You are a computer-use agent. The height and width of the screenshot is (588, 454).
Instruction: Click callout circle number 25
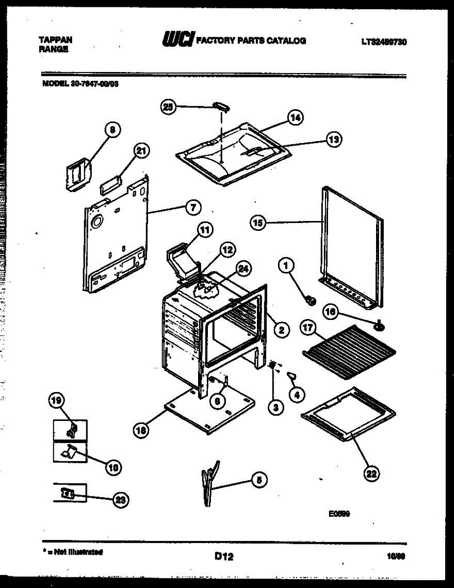(x=168, y=107)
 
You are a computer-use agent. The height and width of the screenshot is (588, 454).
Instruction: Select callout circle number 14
(x=295, y=118)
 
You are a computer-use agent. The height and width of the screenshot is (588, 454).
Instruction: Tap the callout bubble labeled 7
(x=193, y=207)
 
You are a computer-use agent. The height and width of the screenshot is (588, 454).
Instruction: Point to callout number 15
(x=257, y=223)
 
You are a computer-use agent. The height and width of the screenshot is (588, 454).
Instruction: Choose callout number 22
(x=372, y=473)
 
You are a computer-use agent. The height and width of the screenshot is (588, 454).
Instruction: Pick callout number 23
(x=119, y=499)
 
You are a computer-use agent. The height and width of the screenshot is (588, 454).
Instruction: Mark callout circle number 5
(x=259, y=480)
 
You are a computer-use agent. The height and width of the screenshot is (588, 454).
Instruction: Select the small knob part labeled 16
(x=378, y=325)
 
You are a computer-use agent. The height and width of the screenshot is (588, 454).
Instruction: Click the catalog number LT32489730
(x=384, y=42)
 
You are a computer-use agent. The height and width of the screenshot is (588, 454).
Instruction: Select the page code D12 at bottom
(x=224, y=556)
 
